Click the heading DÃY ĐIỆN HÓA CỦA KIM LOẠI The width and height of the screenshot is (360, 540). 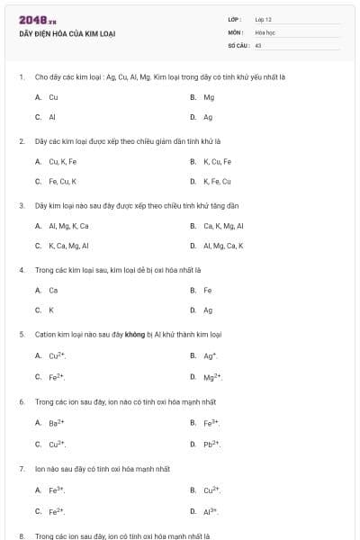(x=67, y=34)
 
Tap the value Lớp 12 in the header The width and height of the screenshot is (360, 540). (x=263, y=19)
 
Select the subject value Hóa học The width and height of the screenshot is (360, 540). (x=265, y=31)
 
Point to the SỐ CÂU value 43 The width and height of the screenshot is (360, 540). (x=258, y=44)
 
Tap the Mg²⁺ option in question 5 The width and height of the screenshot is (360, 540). (x=211, y=376)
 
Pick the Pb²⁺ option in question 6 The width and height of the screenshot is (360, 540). (x=211, y=443)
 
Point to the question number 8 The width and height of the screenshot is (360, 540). (x=22, y=535)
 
